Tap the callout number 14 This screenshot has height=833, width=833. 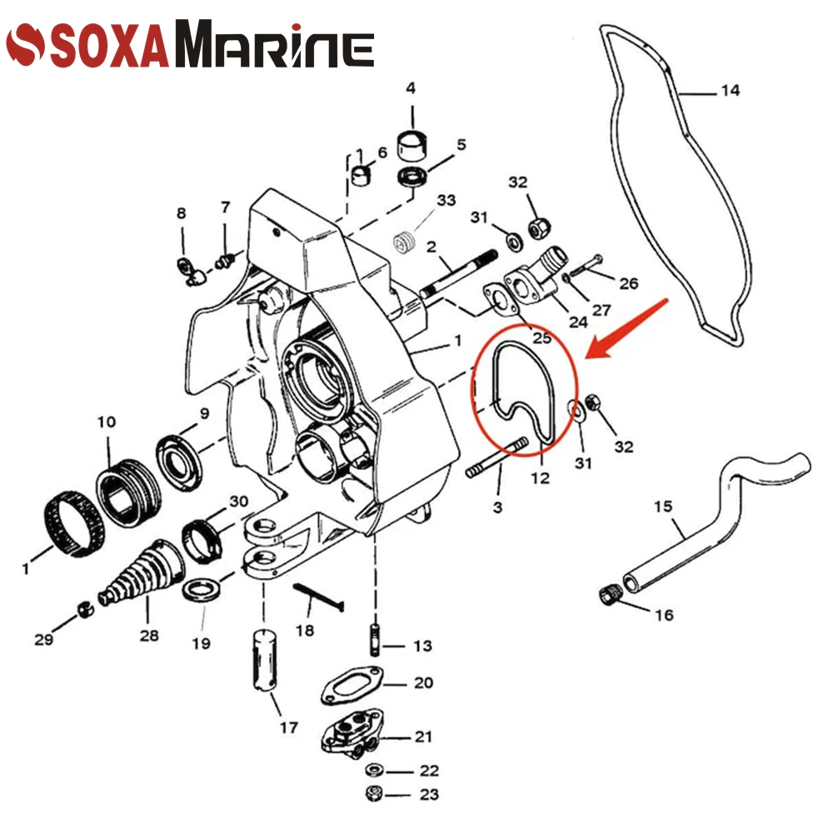[x=731, y=91]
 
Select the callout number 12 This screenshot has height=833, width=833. [x=540, y=477]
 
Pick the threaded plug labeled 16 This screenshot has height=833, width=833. [x=609, y=595]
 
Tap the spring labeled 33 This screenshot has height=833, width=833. [x=404, y=242]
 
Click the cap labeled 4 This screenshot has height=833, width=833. [x=412, y=144]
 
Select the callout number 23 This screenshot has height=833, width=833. [x=429, y=795]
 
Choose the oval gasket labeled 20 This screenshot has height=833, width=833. [x=352, y=686]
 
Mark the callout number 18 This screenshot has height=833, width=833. [x=305, y=631]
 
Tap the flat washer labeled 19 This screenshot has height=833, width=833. [x=202, y=591]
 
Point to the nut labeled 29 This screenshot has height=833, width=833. [x=85, y=610]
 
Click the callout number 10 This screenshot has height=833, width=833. [x=107, y=421]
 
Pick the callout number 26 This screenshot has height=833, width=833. [x=628, y=283]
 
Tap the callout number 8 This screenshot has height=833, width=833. [x=181, y=213]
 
